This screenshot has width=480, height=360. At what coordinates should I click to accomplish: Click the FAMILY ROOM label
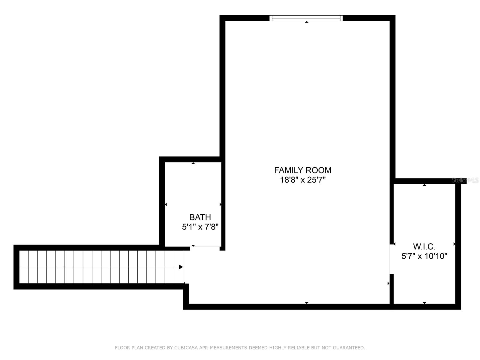point(303,170)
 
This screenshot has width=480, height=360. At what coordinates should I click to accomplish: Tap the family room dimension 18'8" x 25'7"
point(303,180)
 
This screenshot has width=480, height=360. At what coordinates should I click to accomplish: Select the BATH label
point(200,217)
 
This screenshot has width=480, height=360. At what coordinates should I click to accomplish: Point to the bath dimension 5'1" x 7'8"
point(200,227)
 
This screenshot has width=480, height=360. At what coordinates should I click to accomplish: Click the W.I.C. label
point(424,247)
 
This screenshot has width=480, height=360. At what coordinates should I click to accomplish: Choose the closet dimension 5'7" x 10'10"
point(424,256)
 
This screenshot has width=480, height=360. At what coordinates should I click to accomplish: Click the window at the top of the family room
point(306,18)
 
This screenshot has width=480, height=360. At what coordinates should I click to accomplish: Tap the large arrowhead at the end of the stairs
point(181,267)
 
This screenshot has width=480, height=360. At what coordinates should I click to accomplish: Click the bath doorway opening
point(205,248)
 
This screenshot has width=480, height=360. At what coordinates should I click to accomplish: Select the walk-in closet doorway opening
point(392,259)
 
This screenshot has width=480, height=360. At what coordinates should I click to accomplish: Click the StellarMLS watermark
point(465,180)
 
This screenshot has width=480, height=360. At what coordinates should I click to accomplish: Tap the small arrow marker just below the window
point(307,22)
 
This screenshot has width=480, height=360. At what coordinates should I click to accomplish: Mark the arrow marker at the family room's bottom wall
point(307,303)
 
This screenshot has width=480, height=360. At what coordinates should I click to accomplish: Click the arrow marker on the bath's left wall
point(166,204)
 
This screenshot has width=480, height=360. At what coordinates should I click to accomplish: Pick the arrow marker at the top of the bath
point(193,163)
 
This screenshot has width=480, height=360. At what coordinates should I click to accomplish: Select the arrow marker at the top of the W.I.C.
point(424,185)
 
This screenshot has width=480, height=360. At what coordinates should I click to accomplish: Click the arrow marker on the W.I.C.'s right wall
point(454,244)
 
